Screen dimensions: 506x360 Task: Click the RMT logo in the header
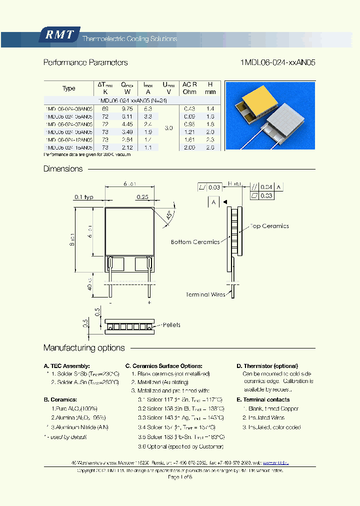pyautogui.click(x=59, y=34)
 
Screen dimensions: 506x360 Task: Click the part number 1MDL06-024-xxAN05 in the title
pyautogui.click(x=277, y=62)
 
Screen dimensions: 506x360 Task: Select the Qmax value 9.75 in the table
pyautogui.click(x=127, y=108)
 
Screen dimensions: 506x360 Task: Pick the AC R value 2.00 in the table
pyautogui.click(x=189, y=148)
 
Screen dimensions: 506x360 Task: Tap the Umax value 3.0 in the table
pyautogui.click(x=168, y=128)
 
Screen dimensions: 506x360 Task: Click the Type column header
pyautogui.click(x=69, y=88)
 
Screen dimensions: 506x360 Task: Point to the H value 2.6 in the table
pyautogui.click(x=210, y=148)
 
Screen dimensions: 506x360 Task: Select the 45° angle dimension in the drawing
pyautogui.click(x=168, y=216)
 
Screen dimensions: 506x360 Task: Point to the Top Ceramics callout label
pyautogui.click(x=269, y=226)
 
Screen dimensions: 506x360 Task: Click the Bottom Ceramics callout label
pyautogui.click(x=195, y=242)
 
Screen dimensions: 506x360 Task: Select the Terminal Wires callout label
pyautogui.click(x=205, y=294)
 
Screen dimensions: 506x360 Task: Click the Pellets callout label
pyautogui.click(x=171, y=325)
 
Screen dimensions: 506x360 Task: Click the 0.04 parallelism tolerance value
pyautogui.click(x=266, y=186)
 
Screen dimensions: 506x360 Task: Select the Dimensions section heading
pyautogui.click(x=63, y=169)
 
